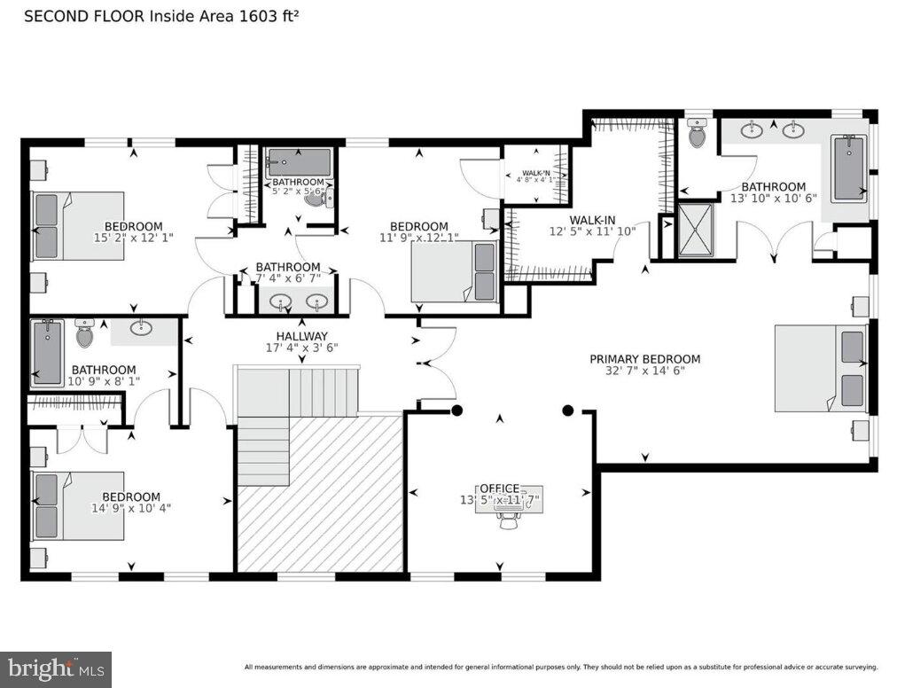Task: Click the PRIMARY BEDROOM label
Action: click(644, 359)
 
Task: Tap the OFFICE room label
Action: click(499, 489)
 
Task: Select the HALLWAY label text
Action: click(301, 336)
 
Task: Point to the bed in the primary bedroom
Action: click(820, 368)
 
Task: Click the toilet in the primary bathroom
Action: click(698, 136)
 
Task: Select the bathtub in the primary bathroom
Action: click(850, 168)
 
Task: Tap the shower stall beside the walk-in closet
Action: click(696, 231)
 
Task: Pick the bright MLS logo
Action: click(55, 668)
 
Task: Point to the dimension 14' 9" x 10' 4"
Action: click(131, 510)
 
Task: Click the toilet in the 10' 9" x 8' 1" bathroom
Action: click(85, 334)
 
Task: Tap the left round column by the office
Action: click(457, 410)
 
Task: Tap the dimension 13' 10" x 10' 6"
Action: click(773, 199)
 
